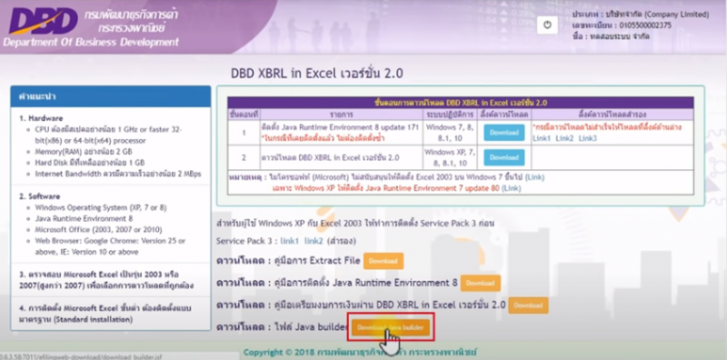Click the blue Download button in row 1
[504, 133]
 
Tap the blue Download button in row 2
[504, 162]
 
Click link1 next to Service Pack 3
[290, 241]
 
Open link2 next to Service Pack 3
[314, 241]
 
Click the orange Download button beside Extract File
[383, 261]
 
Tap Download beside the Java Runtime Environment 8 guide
[481, 283]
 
